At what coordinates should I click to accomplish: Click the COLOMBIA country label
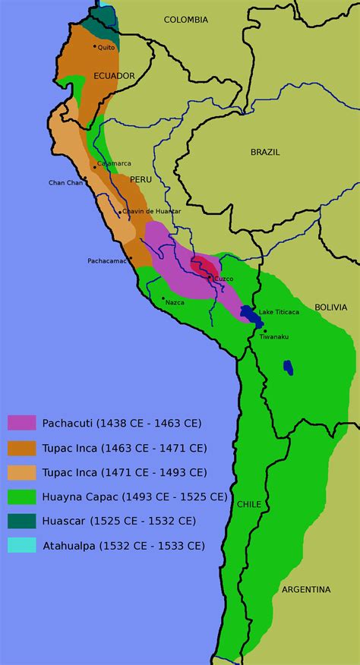click(x=186, y=20)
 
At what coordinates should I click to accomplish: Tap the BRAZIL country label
click(x=265, y=152)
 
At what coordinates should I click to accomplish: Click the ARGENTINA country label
click(x=306, y=589)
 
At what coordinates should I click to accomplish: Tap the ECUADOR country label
click(x=114, y=76)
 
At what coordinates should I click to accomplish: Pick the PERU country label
click(x=141, y=179)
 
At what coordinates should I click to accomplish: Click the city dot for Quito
click(x=94, y=46)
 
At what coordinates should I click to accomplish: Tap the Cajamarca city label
click(x=114, y=163)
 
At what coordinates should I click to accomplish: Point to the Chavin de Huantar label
click(x=153, y=210)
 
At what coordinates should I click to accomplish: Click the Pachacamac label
click(x=107, y=260)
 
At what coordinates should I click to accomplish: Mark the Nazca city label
click(x=175, y=302)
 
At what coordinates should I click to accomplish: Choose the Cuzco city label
click(x=223, y=279)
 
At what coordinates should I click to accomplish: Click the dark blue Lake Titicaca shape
click(x=248, y=313)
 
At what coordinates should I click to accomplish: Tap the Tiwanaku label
click(x=274, y=336)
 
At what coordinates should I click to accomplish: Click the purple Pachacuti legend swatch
click(x=22, y=423)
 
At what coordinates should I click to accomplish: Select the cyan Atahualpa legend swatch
click(x=22, y=545)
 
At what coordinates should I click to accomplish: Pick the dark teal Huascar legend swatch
click(x=22, y=521)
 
